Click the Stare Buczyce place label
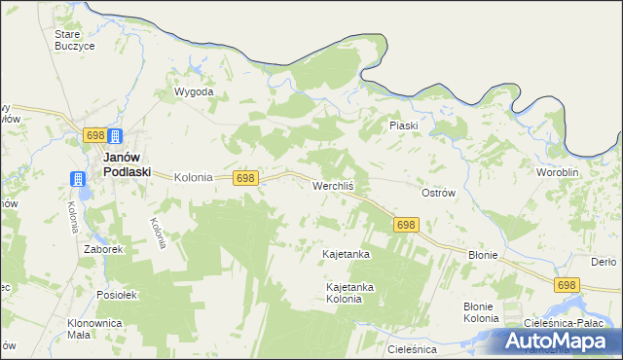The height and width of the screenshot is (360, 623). tap(74, 39)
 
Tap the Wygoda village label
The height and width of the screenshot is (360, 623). tap(193, 92)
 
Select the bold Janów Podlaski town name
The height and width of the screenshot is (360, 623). tap(127, 163)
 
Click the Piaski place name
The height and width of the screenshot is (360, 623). tap(403, 126)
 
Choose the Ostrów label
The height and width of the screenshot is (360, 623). tap(438, 193)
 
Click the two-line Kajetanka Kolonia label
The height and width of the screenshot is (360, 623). tap(350, 293)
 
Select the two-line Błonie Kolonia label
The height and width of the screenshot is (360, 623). tap(481, 312)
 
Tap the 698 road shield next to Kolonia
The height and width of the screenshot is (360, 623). tap(245, 178)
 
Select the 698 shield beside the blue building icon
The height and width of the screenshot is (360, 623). tap(94, 135)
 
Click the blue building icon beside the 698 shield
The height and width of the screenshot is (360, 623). tap(115, 136)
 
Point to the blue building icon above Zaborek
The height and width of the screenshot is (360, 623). tap(77, 178)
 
